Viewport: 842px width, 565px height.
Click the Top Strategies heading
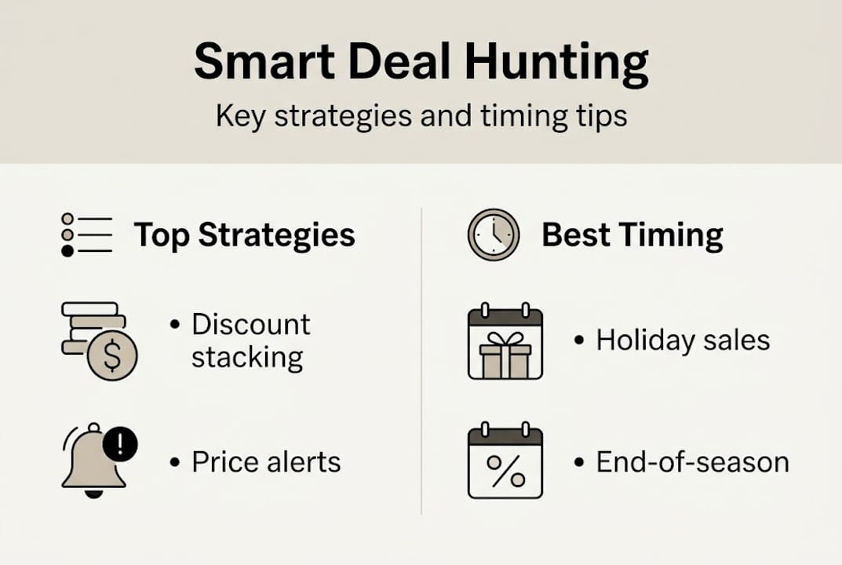(244, 235)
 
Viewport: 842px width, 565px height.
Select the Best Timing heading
(632, 235)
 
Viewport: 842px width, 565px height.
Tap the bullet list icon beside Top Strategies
(86, 235)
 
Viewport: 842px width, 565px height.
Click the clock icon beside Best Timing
(494, 235)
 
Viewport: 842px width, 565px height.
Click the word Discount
(251, 324)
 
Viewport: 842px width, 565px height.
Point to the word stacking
(247, 358)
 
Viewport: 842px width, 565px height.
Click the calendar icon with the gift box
(505, 344)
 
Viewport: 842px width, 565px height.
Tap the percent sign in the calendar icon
(505, 472)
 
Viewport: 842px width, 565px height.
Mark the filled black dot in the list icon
(67, 250)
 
